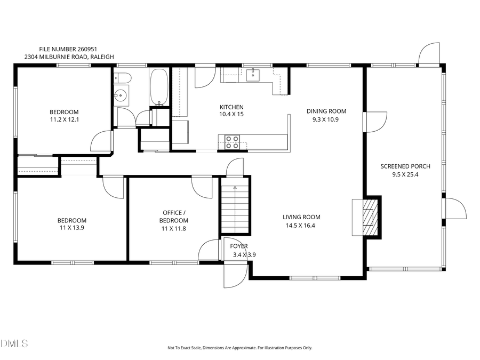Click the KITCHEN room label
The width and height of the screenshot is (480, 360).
point(231,107)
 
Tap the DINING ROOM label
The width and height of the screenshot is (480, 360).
point(326,111)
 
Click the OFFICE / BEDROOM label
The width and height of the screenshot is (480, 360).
point(174,217)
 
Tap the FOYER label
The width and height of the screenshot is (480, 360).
point(238,246)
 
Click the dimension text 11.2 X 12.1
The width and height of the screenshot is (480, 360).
point(64,119)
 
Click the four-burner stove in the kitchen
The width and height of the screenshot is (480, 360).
point(231,142)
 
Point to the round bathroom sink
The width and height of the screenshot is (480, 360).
point(122,97)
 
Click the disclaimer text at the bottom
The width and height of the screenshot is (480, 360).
point(239,348)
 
